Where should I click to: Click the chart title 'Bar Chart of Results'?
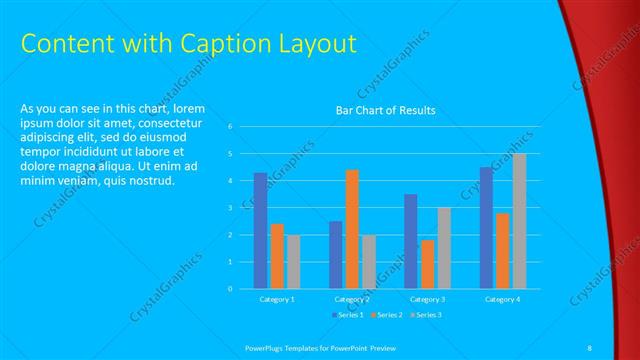(x=385, y=111)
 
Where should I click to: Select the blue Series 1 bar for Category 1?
(x=260, y=230)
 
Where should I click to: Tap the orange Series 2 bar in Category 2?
(x=352, y=229)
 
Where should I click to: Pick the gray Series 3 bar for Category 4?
(x=519, y=221)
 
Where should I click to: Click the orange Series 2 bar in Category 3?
(x=427, y=264)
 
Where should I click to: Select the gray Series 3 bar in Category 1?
(x=293, y=262)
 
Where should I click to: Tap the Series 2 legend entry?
(x=387, y=315)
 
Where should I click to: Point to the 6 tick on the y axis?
(x=230, y=127)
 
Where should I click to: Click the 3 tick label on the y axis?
(x=230, y=208)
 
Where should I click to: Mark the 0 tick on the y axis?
(x=230, y=289)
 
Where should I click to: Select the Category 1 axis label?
(x=276, y=299)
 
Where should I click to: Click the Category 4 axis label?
(x=502, y=299)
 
